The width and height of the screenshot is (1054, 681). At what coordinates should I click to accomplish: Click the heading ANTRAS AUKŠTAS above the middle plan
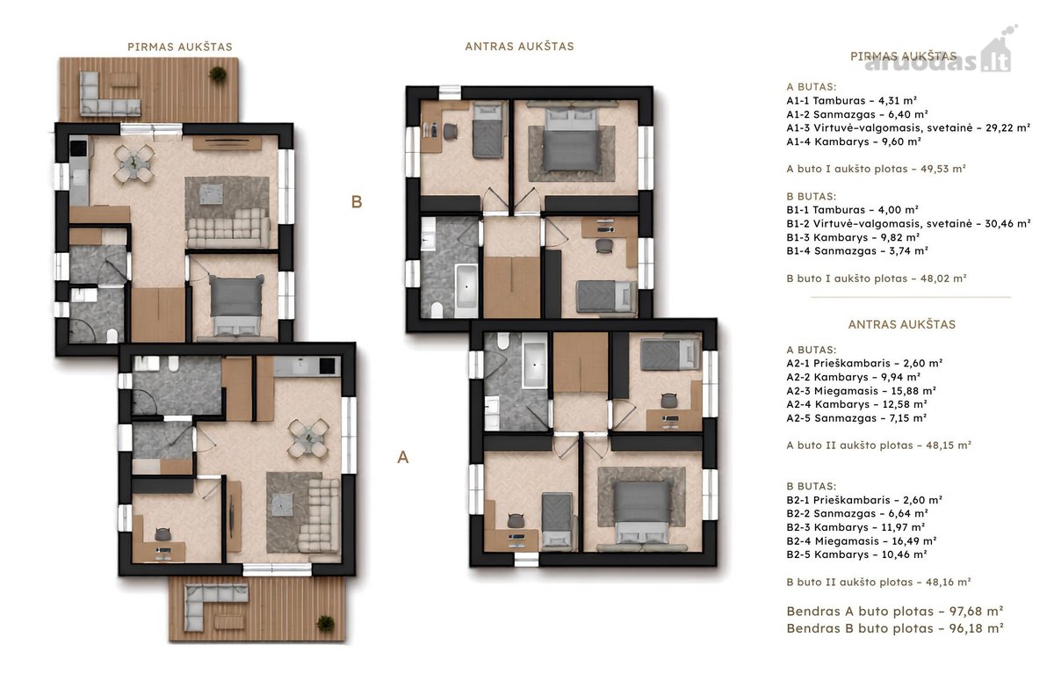click(519, 46)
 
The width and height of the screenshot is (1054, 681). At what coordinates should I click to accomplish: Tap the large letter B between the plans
click(357, 202)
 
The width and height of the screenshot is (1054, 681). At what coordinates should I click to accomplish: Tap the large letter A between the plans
click(403, 457)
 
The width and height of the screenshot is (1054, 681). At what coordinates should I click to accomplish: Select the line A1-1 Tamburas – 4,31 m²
click(852, 100)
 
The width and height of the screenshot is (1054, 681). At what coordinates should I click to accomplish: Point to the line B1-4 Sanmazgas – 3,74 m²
click(857, 250)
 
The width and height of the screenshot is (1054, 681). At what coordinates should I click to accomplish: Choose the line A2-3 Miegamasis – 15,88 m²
click(861, 391)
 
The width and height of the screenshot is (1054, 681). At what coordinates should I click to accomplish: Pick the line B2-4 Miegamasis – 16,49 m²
click(862, 540)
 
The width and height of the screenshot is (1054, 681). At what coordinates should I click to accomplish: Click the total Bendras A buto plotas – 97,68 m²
click(895, 612)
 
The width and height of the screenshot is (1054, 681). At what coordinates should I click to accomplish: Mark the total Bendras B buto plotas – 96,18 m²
click(895, 628)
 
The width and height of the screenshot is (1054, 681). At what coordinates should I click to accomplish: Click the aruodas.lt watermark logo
click(940, 55)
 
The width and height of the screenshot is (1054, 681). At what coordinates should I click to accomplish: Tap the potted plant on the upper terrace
click(218, 74)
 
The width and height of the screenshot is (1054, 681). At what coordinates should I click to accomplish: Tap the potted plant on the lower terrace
click(325, 624)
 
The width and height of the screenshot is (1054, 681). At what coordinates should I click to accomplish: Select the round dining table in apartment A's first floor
click(308, 438)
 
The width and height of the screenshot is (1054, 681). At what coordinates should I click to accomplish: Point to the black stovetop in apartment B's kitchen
click(78, 147)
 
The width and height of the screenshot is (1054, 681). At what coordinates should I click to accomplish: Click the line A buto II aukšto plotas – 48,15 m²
click(879, 446)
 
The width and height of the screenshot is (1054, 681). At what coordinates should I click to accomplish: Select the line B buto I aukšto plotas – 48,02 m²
click(877, 279)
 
